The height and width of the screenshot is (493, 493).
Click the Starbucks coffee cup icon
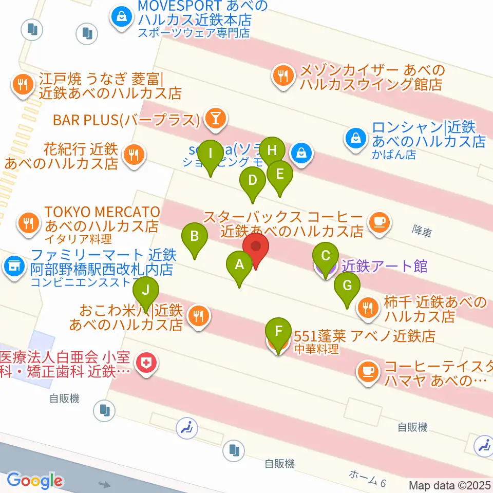tap(380, 222)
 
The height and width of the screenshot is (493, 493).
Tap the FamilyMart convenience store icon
tap(14, 266)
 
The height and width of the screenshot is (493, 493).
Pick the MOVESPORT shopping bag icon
tap(120, 17)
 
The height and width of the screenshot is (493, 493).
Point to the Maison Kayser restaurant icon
tap(282, 77)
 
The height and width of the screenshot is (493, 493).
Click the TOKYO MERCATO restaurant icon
tap(26, 222)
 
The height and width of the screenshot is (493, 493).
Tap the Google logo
tap(34, 481)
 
